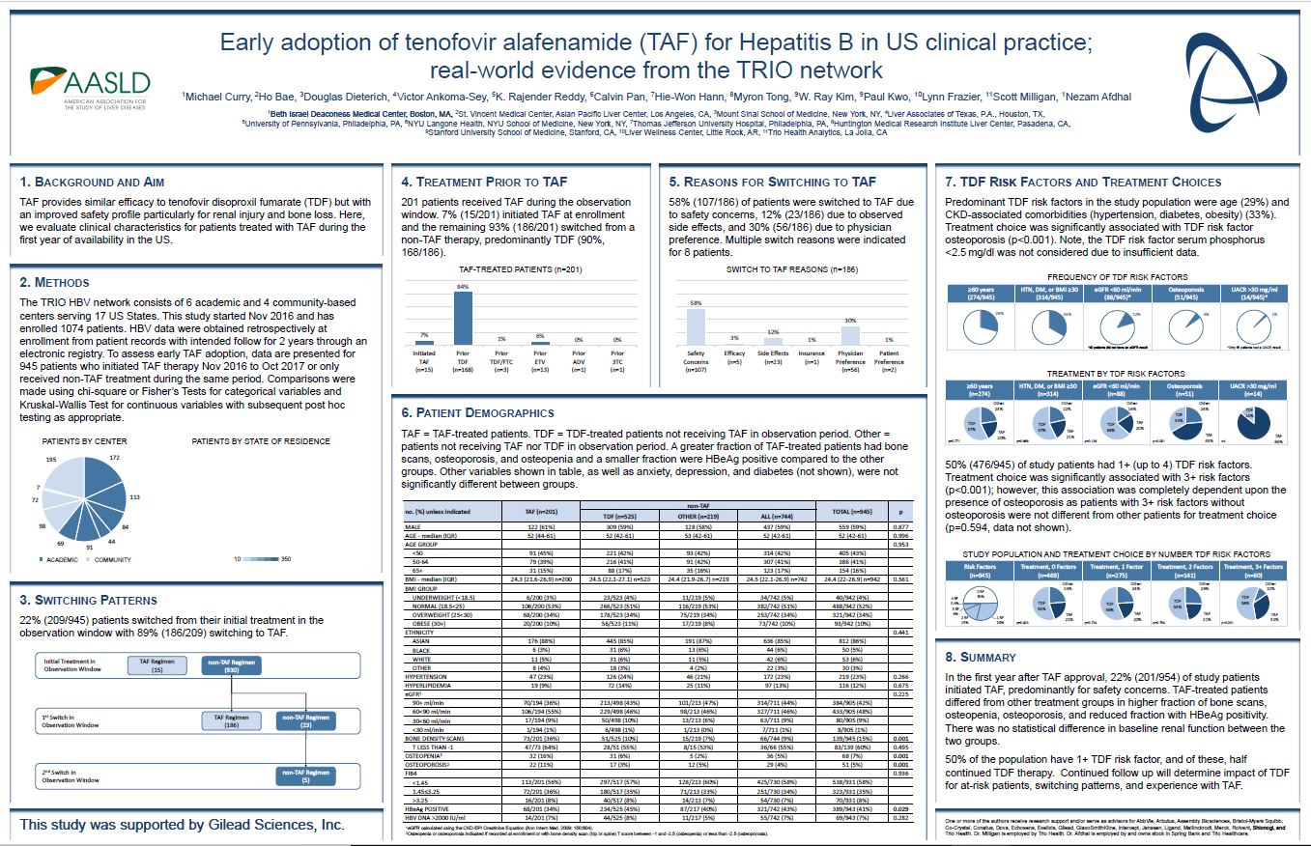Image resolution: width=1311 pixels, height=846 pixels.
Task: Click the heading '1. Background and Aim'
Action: click(93, 182)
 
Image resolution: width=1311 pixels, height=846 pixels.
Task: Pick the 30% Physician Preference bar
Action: click(850, 335)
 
